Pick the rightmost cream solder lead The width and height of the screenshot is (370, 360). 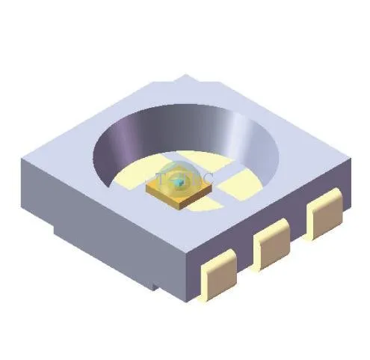324,213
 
